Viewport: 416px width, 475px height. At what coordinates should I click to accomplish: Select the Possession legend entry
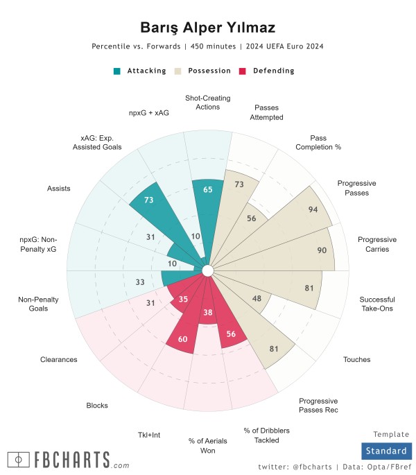point(205,71)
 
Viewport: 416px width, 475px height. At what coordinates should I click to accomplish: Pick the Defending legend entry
point(267,71)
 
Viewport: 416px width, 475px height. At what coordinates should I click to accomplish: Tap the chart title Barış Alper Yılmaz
point(208,28)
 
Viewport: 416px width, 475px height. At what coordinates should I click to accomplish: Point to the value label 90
point(322,250)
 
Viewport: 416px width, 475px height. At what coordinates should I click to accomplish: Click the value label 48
point(256,299)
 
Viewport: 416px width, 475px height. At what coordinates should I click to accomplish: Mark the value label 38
point(207,313)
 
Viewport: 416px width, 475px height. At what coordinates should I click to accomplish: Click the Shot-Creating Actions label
point(208,103)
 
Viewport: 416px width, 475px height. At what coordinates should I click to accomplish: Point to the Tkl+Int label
point(149,435)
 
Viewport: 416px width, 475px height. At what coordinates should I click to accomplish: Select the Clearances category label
point(60,360)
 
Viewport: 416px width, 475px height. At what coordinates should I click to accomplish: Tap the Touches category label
point(356,359)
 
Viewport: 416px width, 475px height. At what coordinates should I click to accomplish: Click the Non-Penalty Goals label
point(33,304)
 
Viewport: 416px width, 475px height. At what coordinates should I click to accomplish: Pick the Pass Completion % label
point(318,142)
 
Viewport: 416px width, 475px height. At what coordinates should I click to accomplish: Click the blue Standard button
point(386,451)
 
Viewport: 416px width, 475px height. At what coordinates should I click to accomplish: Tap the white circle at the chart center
point(208,270)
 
